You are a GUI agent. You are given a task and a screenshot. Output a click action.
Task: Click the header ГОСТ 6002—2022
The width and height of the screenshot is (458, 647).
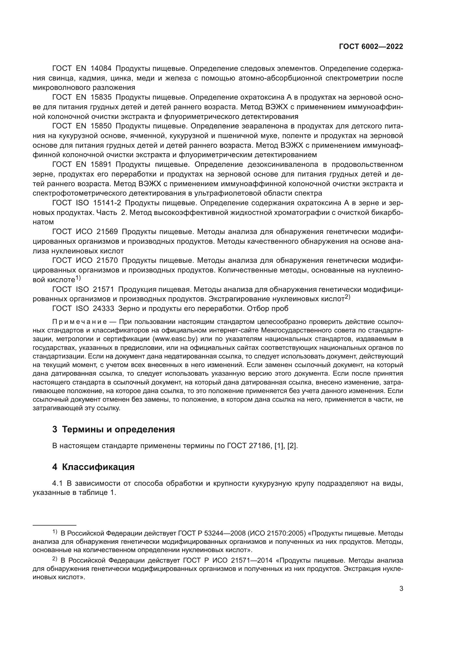(371, 46)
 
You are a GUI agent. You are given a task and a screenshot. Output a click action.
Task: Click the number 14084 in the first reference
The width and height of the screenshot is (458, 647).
(101, 69)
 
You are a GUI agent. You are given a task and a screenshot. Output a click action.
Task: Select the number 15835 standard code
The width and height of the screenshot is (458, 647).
(101, 97)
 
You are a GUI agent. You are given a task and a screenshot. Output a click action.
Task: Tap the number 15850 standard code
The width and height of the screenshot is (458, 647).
(101, 126)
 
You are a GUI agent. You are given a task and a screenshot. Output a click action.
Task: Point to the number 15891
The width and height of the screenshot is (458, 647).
(101, 164)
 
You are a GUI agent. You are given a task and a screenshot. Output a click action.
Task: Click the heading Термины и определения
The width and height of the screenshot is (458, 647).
(118, 429)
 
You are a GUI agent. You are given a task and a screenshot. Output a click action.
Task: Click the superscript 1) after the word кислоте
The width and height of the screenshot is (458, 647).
(78, 278)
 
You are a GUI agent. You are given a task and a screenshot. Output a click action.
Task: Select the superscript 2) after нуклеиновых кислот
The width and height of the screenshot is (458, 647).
(347, 297)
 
